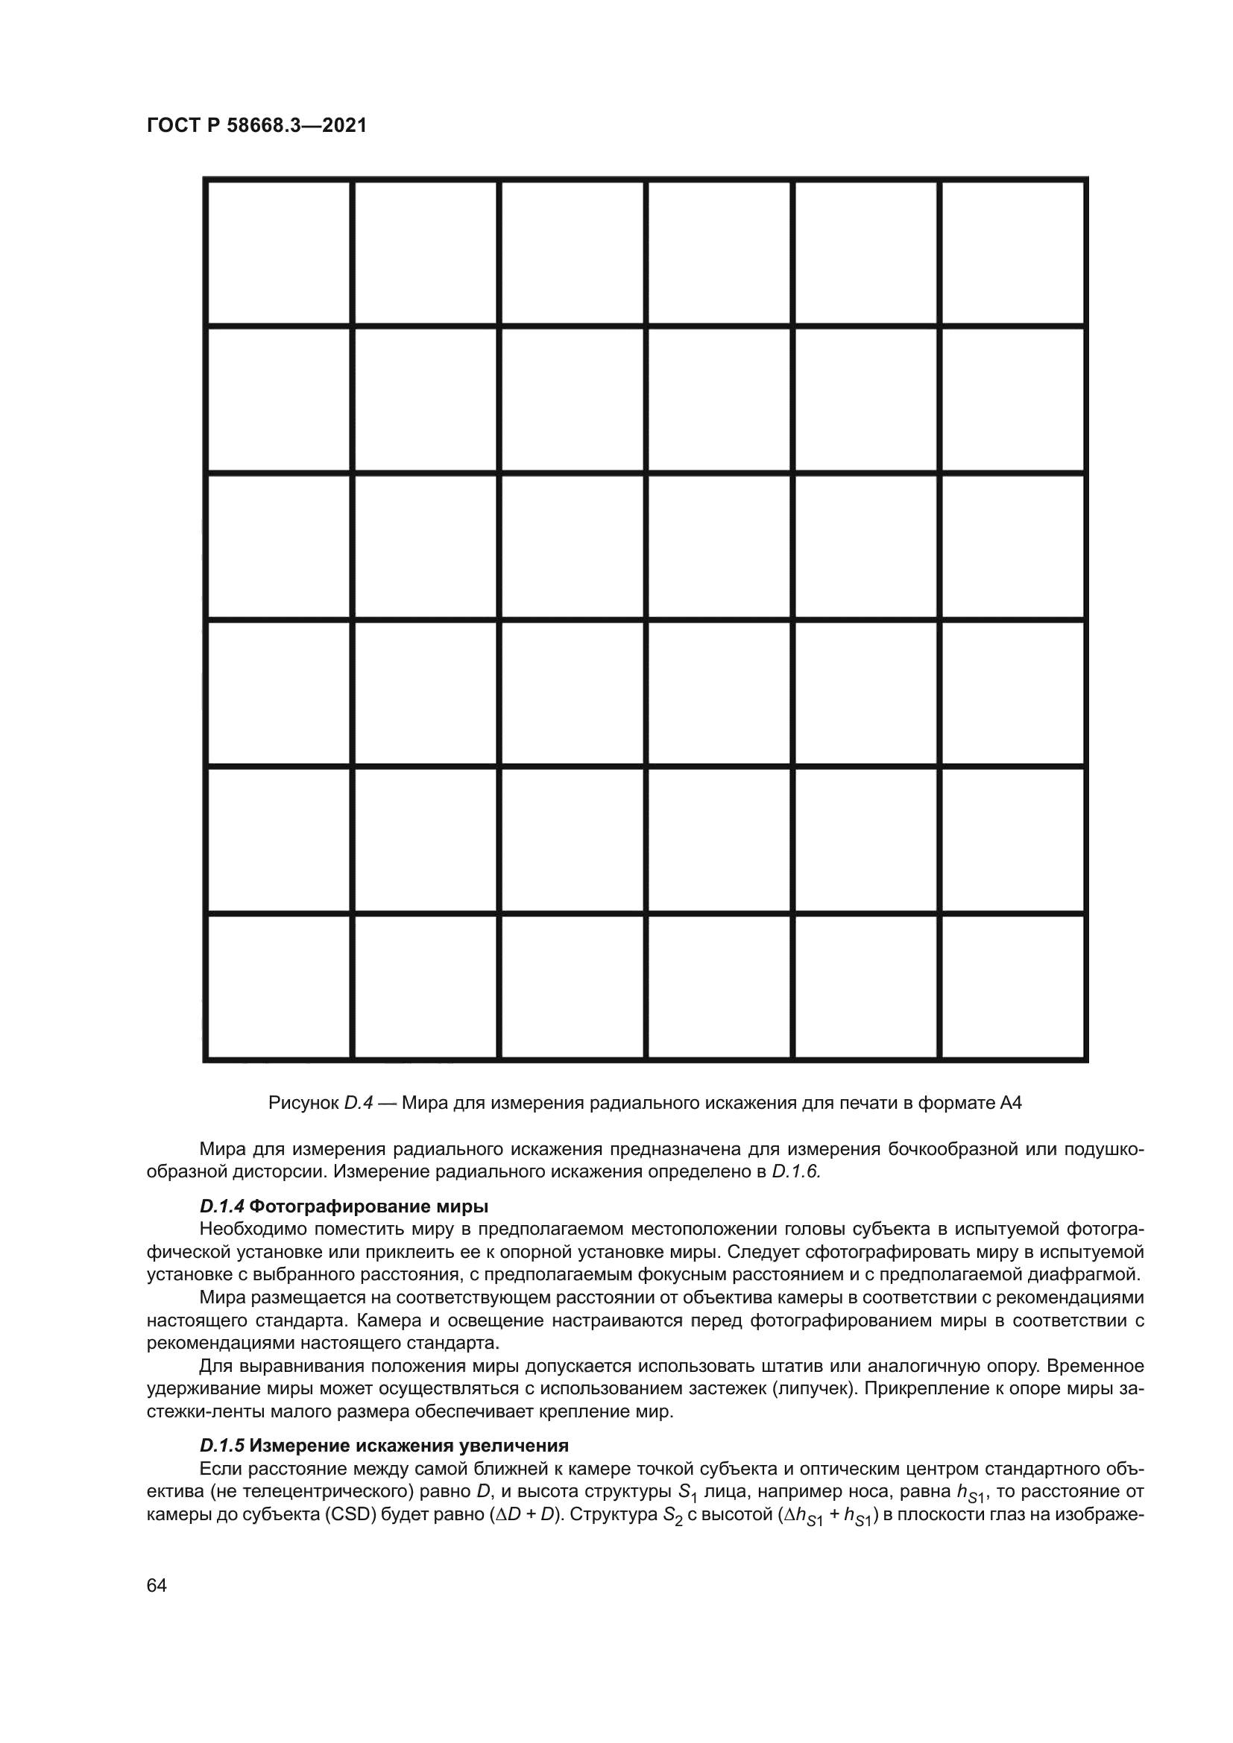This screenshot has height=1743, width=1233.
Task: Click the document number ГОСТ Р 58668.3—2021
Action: click(256, 126)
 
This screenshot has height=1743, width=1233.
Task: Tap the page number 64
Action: click(157, 1586)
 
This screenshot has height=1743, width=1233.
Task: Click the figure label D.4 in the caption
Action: click(359, 1103)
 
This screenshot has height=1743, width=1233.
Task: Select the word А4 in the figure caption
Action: click(1011, 1103)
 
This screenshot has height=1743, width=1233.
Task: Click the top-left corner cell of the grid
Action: click(279, 253)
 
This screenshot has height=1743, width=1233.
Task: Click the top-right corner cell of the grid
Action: click(1013, 253)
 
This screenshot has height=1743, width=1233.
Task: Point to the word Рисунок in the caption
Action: click(303, 1103)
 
